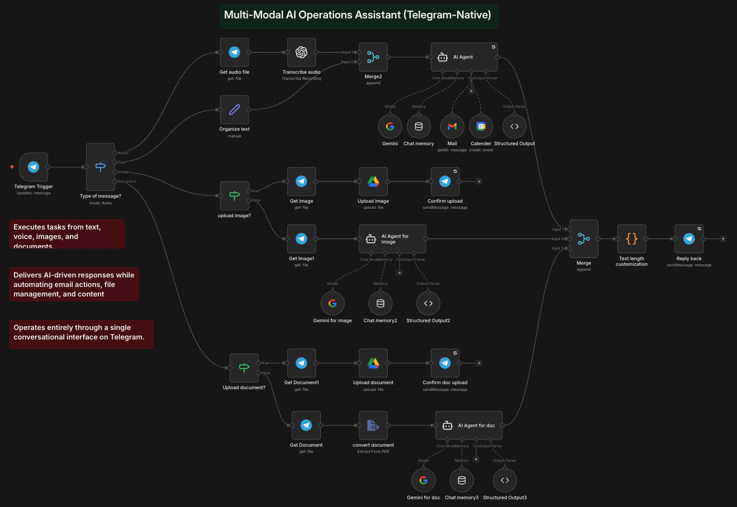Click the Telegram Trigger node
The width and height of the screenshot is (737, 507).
(34, 167)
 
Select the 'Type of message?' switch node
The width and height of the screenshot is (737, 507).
(101, 166)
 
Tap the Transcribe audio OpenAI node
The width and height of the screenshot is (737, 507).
(301, 52)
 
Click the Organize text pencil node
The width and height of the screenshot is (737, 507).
(235, 109)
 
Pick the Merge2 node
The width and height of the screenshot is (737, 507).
(373, 57)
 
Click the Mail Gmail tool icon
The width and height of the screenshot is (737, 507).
(452, 127)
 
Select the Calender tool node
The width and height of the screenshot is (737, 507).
(481, 127)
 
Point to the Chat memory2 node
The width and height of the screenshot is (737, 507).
(381, 303)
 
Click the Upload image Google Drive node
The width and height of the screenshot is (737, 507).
(373, 181)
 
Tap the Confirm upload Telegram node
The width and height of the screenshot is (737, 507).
(445, 181)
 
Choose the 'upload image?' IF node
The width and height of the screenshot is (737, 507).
(235, 195)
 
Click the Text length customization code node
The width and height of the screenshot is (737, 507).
(631, 239)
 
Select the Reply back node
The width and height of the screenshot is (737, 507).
(689, 239)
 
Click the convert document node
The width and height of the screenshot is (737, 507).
(373, 425)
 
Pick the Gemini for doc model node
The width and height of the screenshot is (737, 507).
(424, 480)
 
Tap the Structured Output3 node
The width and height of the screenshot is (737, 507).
(505, 480)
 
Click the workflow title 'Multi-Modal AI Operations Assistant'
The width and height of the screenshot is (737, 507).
(358, 15)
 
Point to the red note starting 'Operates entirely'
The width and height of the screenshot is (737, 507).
(81, 334)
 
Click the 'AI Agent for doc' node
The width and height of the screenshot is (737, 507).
(469, 425)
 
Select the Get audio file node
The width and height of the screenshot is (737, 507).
(235, 52)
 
